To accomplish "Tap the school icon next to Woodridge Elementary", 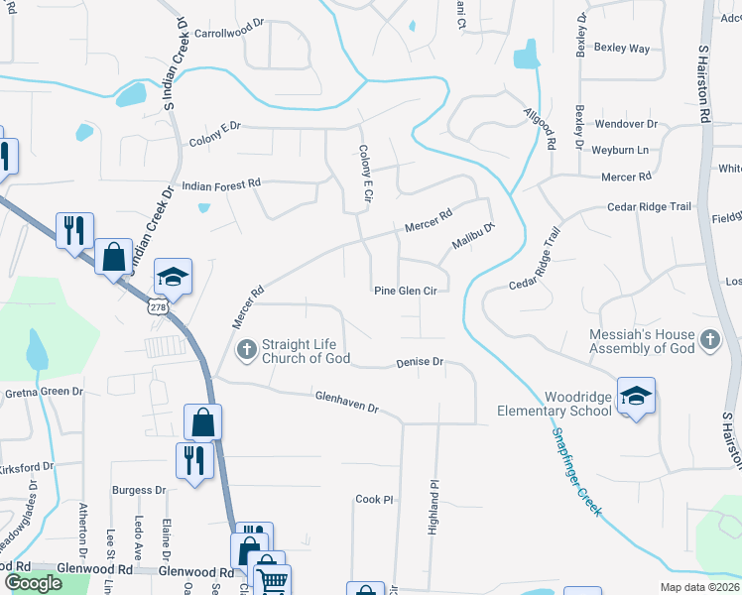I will pos(635,397).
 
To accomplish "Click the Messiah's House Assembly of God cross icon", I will pos(708,341).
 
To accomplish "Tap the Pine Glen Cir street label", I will pos(405,291).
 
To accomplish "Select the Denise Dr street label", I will pos(420,362).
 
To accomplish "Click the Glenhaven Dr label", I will pos(347,402).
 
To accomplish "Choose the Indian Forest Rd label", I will pos(220,183).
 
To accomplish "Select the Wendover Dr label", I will pos(626,124).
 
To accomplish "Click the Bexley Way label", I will pos(621,48).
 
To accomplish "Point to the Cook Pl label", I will pos(375,500).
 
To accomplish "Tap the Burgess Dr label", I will pos(139,490).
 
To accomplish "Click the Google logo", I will pos(33,582).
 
